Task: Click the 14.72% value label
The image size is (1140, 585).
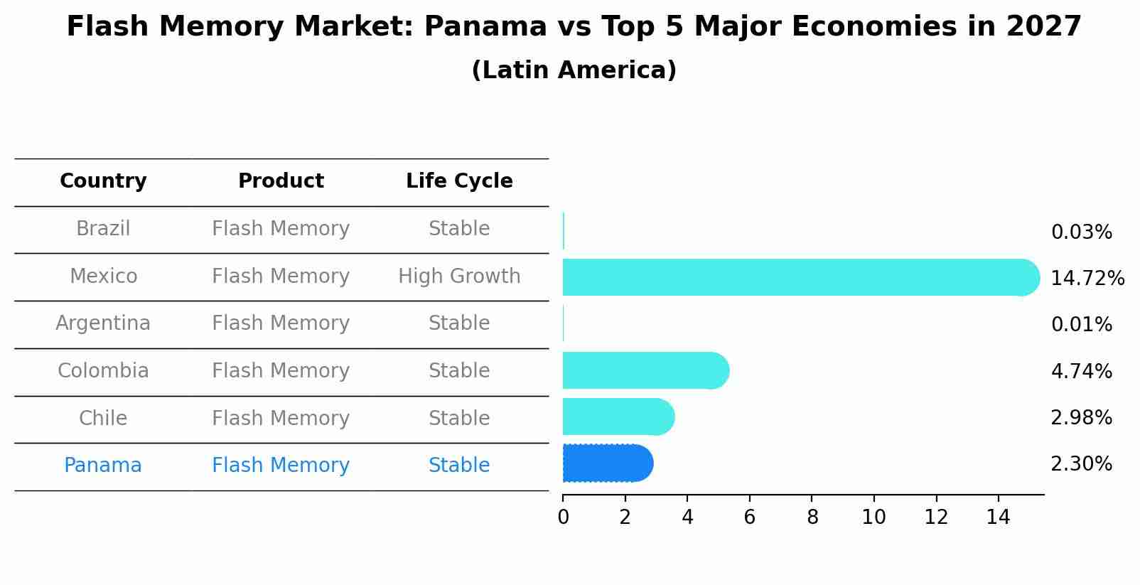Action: (x=1087, y=279)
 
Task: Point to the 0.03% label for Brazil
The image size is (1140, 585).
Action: (x=1081, y=232)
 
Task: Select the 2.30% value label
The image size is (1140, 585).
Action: (x=1081, y=464)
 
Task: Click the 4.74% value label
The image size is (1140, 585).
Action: (x=1081, y=372)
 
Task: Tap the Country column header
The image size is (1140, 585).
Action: (x=103, y=181)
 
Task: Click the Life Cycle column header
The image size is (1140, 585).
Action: (x=459, y=181)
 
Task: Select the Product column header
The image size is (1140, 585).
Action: (x=281, y=181)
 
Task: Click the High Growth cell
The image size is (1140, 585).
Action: (x=459, y=277)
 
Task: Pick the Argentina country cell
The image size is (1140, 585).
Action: (x=103, y=323)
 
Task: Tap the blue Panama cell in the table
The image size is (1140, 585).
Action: (x=103, y=466)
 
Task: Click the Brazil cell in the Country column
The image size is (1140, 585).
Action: (x=103, y=229)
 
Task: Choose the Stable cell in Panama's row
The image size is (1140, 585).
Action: (x=459, y=466)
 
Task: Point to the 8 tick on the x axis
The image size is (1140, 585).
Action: (x=812, y=517)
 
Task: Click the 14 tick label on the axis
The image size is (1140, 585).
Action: (x=998, y=517)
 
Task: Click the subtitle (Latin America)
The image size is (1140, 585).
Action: (x=574, y=70)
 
